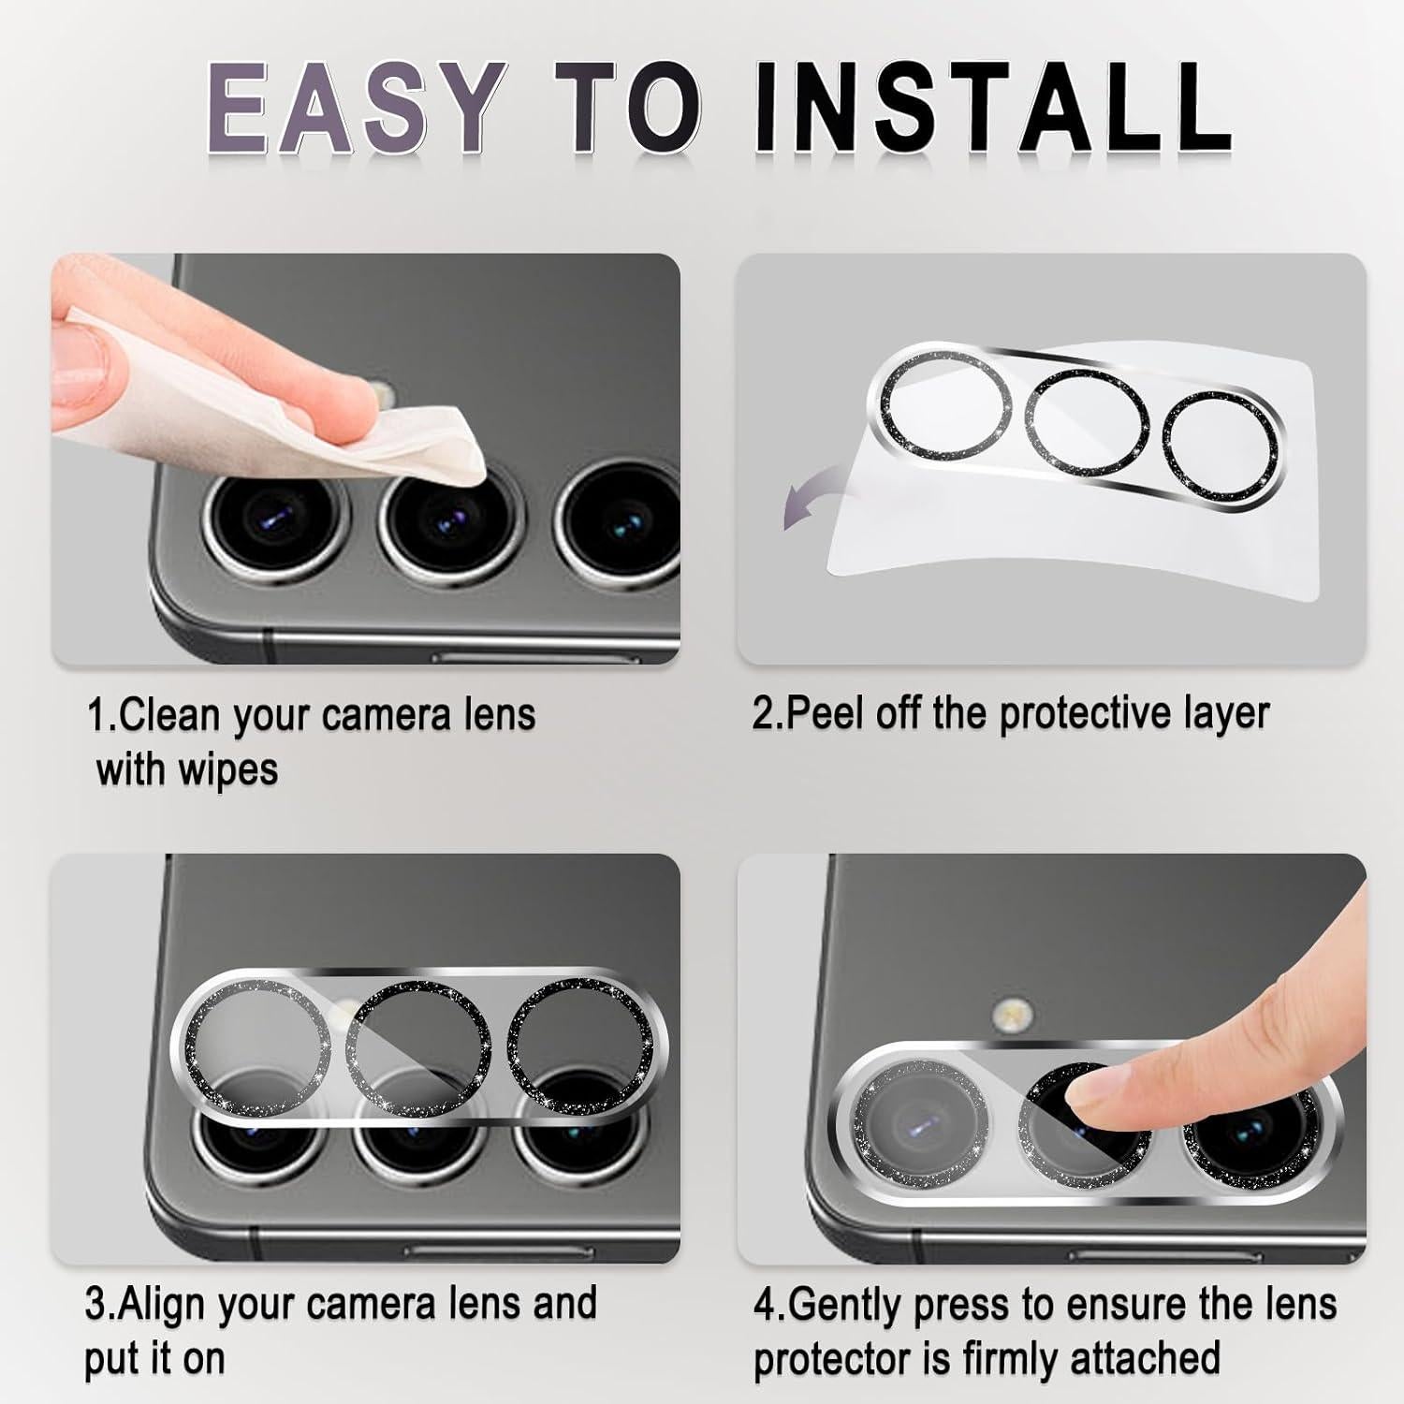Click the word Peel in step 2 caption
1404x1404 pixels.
(825, 715)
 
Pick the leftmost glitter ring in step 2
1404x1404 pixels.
(943, 404)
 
